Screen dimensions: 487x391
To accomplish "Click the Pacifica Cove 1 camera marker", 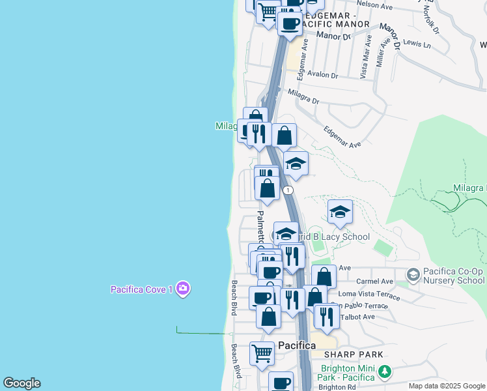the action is pos(183,289).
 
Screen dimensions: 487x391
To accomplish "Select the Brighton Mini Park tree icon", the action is pos(385,372).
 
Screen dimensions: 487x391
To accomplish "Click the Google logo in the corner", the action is pos(21,383).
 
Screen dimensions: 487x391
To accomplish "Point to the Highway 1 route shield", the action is pos(288,190).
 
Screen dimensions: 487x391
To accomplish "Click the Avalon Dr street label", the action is pos(324,76).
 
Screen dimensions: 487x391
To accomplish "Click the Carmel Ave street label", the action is pos(379,282).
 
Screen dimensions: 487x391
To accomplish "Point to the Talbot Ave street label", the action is pos(359,317).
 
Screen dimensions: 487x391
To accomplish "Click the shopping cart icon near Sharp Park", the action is pos(262,353).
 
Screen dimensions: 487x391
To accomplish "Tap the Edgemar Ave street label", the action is pos(342,136).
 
